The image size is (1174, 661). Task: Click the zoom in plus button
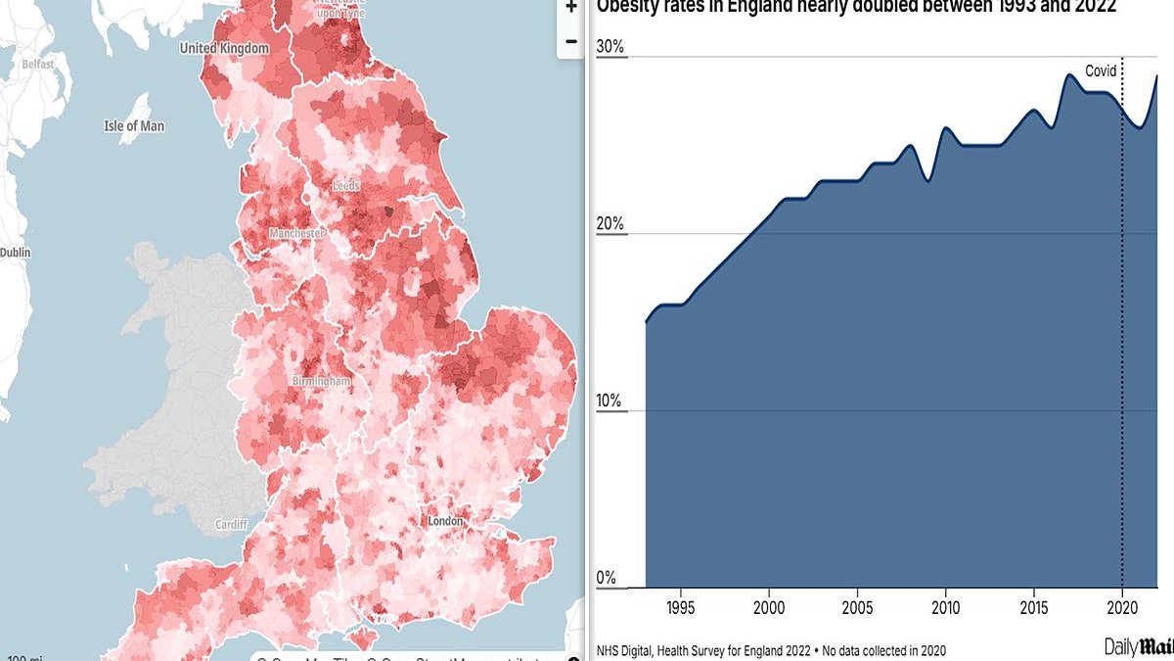click(571, 6)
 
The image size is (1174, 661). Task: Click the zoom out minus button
click(571, 41)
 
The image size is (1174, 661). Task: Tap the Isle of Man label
click(134, 126)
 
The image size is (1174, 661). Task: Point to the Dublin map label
click(15, 252)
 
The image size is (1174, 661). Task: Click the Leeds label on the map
click(345, 185)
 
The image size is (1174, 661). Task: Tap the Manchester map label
click(296, 234)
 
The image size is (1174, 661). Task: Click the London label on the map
click(445, 521)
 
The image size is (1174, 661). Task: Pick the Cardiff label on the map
click(231, 525)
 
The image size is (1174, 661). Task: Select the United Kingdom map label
click(224, 48)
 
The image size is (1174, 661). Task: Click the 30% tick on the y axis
click(610, 48)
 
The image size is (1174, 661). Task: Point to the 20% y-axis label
click(610, 224)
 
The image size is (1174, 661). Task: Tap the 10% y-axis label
click(610, 401)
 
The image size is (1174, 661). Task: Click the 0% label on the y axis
click(607, 579)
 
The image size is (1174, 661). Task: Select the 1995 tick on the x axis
click(681, 607)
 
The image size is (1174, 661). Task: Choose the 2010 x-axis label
click(945, 607)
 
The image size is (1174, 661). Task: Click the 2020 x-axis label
click(1121, 607)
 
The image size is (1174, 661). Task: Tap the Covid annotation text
click(1101, 71)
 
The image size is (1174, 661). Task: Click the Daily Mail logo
click(1138, 646)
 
